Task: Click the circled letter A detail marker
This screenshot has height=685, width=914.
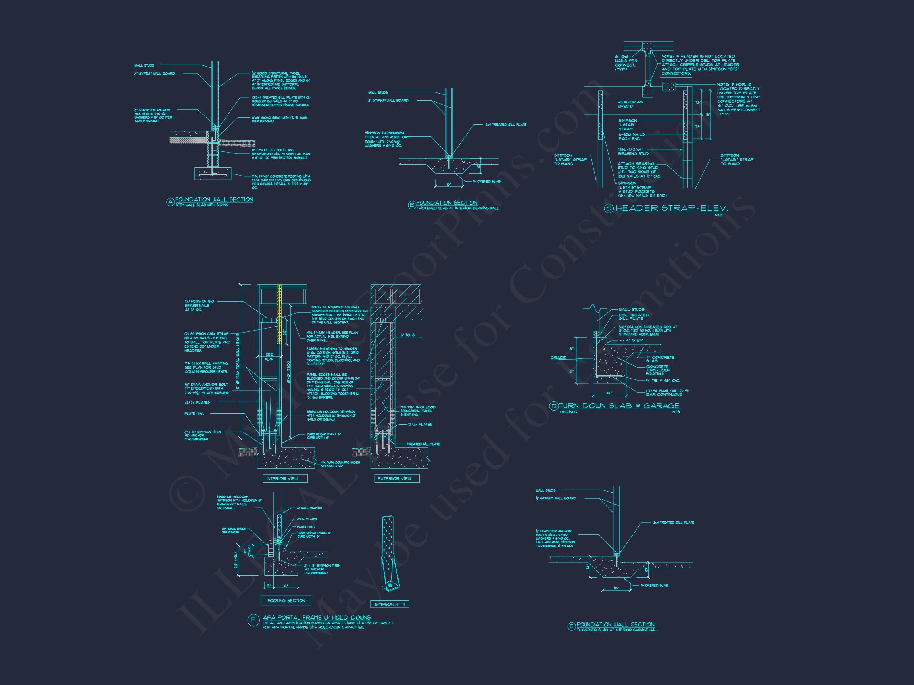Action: click(169, 202)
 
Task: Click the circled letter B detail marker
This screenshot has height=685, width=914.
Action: click(411, 205)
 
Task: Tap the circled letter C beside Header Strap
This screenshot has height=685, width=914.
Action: click(609, 209)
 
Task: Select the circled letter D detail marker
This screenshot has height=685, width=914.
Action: click(554, 406)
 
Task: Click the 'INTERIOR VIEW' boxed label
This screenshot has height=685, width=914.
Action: click(286, 478)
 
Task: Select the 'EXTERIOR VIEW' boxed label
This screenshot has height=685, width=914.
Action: click(394, 478)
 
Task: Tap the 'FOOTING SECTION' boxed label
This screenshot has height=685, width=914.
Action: click(286, 600)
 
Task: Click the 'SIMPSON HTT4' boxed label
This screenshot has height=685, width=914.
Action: click(389, 604)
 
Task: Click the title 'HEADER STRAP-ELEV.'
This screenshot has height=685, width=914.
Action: click(672, 208)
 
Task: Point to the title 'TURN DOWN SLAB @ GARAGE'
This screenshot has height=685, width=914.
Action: click(619, 406)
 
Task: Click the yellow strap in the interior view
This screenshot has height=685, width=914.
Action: click(279, 315)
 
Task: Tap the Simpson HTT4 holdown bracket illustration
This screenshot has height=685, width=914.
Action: click(389, 554)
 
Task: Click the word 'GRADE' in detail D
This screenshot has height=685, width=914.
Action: click(558, 358)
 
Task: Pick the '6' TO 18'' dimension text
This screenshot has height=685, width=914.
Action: click(407, 335)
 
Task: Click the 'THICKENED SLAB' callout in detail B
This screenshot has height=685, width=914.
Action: click(487, 181)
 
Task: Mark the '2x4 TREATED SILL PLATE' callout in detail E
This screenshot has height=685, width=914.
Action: click(674, 522)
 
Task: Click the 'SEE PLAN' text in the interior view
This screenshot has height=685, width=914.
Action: click(269, 357)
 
